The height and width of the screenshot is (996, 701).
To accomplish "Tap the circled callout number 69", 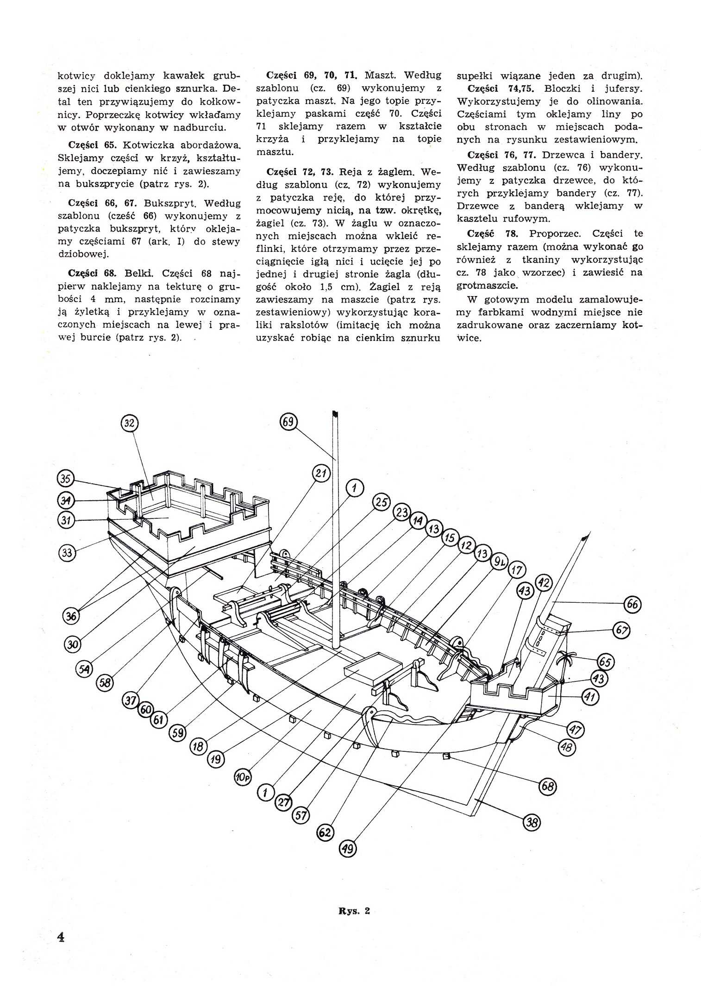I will [288, 422].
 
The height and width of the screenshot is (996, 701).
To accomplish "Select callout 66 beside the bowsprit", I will [632, 604].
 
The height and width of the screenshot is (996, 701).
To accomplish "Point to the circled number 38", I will [532, 822].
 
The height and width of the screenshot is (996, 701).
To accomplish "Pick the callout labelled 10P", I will [243, 778].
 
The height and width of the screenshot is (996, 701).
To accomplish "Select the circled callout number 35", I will [66, 479].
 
